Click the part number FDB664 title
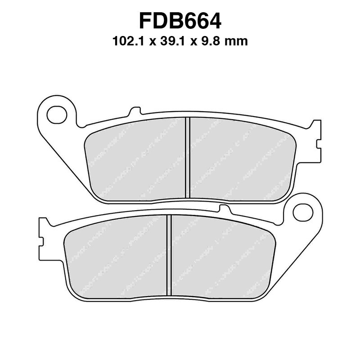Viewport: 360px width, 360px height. (180, 21)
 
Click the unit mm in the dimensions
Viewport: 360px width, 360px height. (237, 42)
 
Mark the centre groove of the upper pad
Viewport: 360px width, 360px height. (188, 157)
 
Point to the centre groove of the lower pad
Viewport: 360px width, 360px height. (169, 256)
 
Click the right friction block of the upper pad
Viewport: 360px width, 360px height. (241, 160)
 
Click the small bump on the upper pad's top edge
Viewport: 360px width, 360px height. (135, 111)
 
